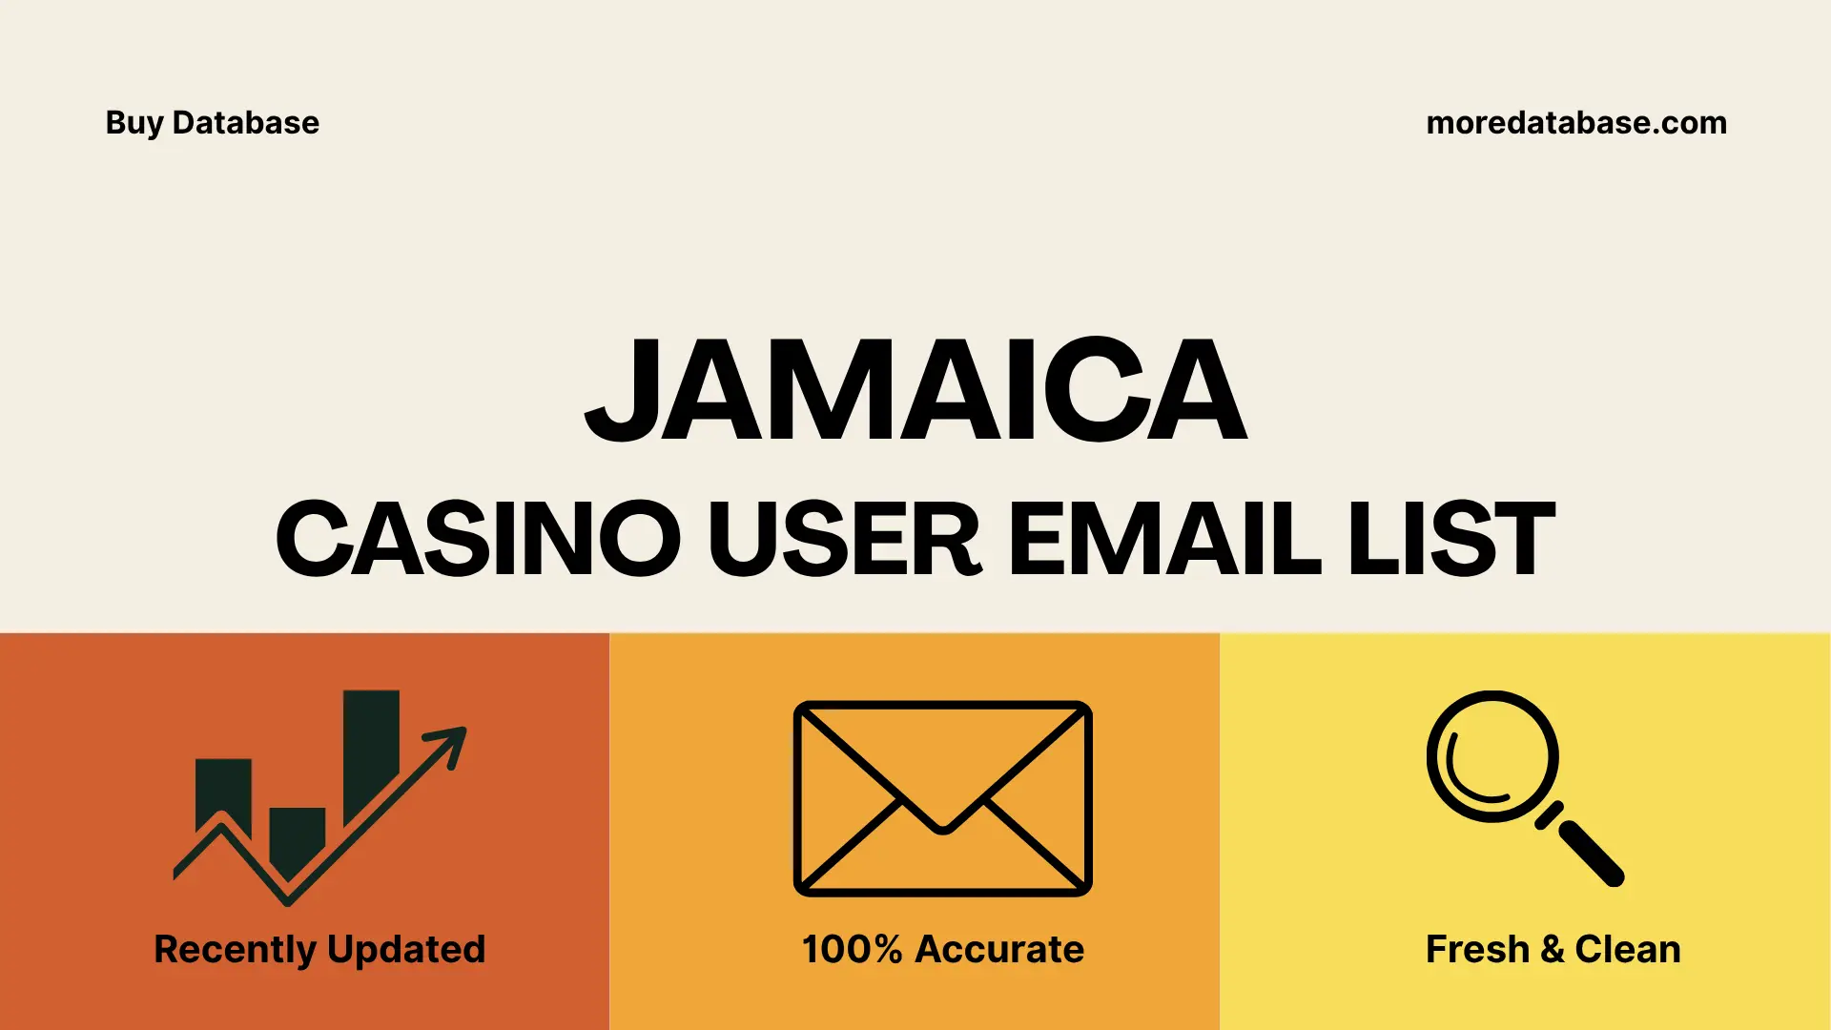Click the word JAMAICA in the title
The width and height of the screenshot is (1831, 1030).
pyautogui.click(x=915, y=391)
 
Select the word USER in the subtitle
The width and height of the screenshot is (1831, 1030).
pyautogui.click(x=844, y=539)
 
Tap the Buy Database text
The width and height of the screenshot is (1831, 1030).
pyautogui.click(x=213, y=123)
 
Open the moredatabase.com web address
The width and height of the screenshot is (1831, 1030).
pyautogui.click(x=1575, y=123)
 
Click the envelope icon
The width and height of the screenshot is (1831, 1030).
pyautogui.click(x=942, y=798)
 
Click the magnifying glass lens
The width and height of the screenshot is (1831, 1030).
pyautogui.click(x=1492, y=756)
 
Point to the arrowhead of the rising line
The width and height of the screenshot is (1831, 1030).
pyautogui.click(x=450, y=742)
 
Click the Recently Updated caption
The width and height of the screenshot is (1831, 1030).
pyautogui.click(x=319, y=950)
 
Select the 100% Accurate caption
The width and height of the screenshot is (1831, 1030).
pyautogui.click(x=942, y=950)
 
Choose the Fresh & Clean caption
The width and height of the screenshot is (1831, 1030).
pyautogui.click(x=1553, y=950)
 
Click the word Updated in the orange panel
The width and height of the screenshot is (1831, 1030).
pyautogui.click(x=406, y=950)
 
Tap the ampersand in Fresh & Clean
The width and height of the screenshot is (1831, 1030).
pyautogui.click(x=1552, y=950)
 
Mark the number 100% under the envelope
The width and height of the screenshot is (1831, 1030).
pyautogui.click(x=852, y=950)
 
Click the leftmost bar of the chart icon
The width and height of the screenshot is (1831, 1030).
pyautogui.click(x=223, y=792)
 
